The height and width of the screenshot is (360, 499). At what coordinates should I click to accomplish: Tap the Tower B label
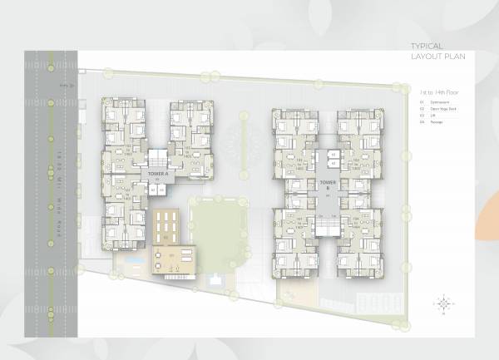[x=327, y=184]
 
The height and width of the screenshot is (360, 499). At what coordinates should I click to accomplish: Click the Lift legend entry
[x=433, y=116]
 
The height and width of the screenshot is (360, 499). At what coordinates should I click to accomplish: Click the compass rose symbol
[x=444, y=303]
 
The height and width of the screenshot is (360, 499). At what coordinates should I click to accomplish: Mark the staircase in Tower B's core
[x=327, y=225]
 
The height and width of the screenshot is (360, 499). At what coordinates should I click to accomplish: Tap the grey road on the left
[x=37, y=200]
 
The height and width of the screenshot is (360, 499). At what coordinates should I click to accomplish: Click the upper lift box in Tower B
[x=333, y=154]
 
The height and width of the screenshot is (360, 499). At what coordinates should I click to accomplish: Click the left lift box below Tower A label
[x=153, y=190]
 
